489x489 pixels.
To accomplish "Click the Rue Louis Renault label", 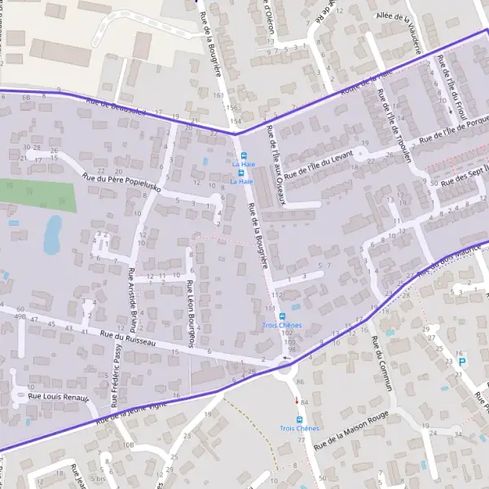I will [57, 396].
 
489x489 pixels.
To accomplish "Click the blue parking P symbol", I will [462, 362].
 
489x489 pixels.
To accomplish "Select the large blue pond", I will [53, 233].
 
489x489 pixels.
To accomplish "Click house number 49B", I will [20, 317].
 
